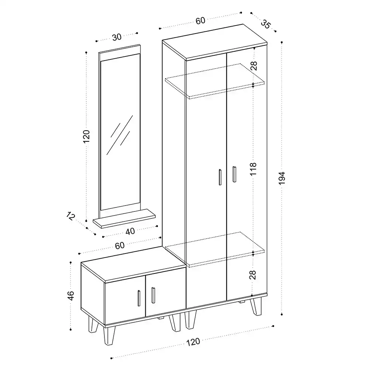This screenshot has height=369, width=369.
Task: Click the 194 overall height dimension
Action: click(x=282, y=178)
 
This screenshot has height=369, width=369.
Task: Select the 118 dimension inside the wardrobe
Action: click(x=253, y=169)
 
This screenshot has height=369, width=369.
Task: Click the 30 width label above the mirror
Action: click(x=117, y=37)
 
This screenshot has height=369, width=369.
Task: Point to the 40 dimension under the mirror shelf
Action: click(x=130, y=231)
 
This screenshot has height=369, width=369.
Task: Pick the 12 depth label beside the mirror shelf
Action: click(x=70, y=216)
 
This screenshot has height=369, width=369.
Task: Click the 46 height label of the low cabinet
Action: click(x=70, y=296)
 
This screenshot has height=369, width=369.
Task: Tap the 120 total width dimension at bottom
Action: click(x=193, y=342)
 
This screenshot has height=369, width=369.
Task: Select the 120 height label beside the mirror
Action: click(x=86, y=136)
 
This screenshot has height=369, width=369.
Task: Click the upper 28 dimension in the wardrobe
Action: click(x=254, y=66)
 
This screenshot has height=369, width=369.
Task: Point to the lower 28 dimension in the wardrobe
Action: click(x=252, y=275)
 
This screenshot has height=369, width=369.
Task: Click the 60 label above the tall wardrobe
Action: click(x=200, y=21)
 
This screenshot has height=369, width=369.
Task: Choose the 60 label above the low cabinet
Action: click(x=120, y=245)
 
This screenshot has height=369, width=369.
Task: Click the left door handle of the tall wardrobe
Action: click(x=220, y=177)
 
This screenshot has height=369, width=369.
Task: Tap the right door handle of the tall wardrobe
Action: click(x=234, y=174)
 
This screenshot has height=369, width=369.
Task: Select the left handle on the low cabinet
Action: click(x=139, y=298)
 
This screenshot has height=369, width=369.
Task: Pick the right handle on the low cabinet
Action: click(x=153, y=295)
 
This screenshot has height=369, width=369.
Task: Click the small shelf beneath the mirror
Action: click(x=124, y=218)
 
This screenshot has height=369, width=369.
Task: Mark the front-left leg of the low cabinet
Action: click(x=110, y=335)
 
